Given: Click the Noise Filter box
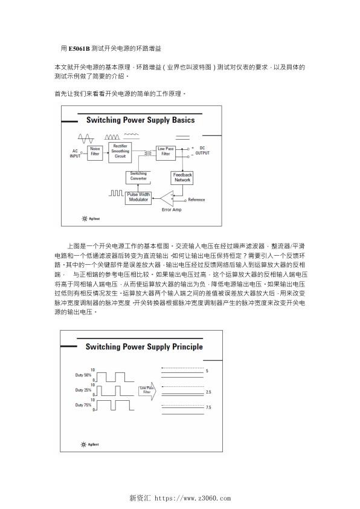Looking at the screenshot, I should pos(95,152).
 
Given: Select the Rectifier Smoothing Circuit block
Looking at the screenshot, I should pos(120,152).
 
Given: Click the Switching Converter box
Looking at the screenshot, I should pos(138,176).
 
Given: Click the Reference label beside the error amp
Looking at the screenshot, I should pos(196,199).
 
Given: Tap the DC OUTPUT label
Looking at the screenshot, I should pos(202,151).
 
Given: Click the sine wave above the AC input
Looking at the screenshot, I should pos(85,137).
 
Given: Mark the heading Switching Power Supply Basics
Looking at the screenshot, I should pos(140,120).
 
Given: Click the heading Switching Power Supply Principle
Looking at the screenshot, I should pos(144,347).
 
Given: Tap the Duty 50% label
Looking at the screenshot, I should pos(83,375).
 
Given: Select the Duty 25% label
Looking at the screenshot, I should pos(83,391).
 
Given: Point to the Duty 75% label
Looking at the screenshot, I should pos(83,406).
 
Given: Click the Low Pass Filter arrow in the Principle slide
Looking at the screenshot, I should pos(147,391).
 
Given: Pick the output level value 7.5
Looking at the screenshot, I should pos(208,408).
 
